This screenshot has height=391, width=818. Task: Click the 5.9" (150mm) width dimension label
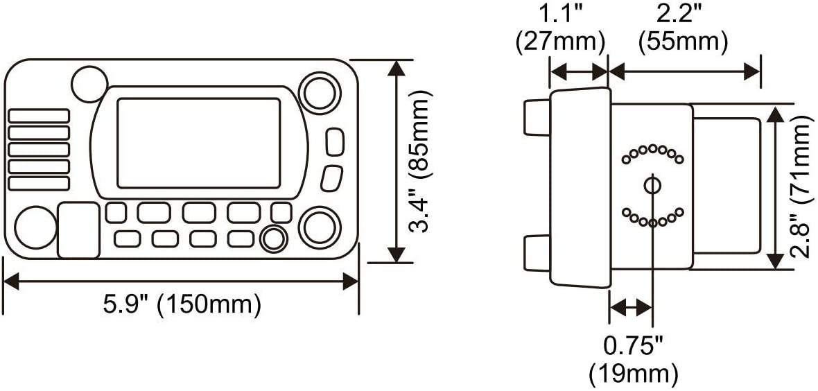pos(182,305)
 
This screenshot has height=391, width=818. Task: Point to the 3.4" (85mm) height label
pos(421,162)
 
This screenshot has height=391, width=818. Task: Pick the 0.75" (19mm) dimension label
pos(634,360)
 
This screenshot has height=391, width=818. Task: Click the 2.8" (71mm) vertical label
pos(802,186)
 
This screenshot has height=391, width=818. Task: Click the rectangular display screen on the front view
pos(199,143)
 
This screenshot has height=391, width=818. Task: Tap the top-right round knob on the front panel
pos(320,93)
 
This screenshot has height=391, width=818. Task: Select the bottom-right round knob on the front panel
pos(320,227)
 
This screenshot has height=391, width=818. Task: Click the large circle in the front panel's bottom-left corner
pos(35,227)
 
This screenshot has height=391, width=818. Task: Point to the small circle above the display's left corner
pos(89,84)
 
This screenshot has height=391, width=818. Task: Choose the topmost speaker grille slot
pos(39,116)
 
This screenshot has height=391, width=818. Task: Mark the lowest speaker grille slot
pos(39,183)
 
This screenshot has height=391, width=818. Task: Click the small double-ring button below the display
pos(273,238)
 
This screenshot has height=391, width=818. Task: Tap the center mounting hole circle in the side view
pos(652,185)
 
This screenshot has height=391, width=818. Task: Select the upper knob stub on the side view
pos(537,117)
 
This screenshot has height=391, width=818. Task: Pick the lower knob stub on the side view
pos(537,253)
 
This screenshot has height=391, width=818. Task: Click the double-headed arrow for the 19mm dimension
pos(631,308)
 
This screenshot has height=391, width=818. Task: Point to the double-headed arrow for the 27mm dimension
pos(579,71)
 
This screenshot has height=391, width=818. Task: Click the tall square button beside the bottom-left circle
pos(78,230)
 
